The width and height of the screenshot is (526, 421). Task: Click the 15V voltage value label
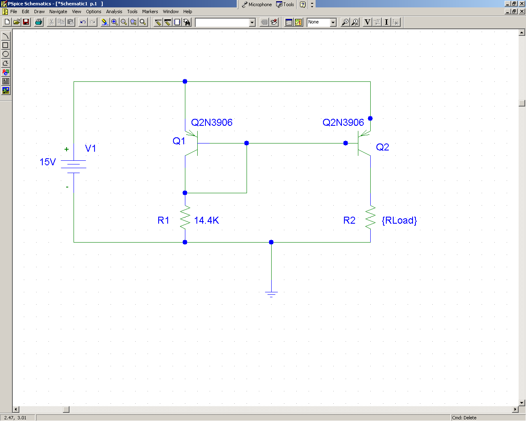(48, 162)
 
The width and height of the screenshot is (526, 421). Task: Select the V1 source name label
(90, 148)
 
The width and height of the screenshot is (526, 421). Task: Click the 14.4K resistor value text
(207, 220)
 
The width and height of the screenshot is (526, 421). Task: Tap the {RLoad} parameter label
(399, 220)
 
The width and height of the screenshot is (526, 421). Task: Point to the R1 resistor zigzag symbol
(185, 217)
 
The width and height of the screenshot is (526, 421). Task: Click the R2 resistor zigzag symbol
(370, 217)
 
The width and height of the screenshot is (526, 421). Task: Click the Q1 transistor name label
(179, 141)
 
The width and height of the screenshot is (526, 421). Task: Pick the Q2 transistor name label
(382, 147)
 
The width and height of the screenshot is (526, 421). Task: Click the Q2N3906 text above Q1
(212, 123)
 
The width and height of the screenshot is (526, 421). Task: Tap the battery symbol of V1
(74, 167)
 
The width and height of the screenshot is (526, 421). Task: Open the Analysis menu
(114, 12)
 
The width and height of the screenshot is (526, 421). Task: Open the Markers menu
(150, 12)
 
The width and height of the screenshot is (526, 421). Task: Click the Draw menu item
(39, 12)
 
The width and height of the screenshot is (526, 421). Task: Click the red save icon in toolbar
(26, 22)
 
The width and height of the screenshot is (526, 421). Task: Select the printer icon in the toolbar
(39, 22)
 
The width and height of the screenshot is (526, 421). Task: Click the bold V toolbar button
(367, 22)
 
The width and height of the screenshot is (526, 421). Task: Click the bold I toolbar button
(386, 22)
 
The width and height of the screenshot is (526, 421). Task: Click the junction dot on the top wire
(185, 81)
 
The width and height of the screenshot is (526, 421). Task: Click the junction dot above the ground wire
(271, 242)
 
